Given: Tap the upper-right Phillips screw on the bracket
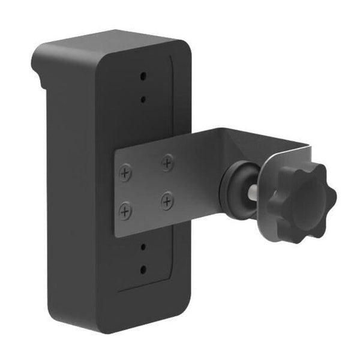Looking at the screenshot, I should click(x=167, y=161).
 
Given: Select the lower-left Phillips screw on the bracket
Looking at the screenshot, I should click(x=125, y=210).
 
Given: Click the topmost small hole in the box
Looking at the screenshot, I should click(x=143, y=76).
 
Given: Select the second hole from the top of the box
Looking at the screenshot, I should click(x=143, y=100).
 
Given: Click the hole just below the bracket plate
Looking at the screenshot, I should click(x=143, y=246).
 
